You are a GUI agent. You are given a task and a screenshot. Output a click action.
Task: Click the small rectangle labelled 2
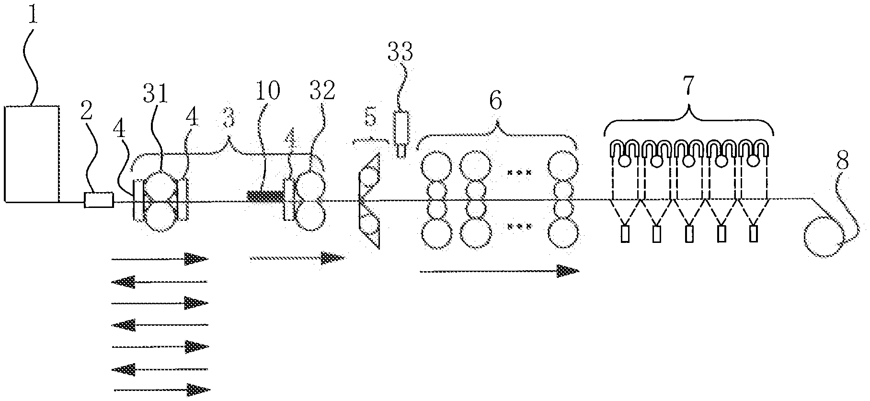point(99,200)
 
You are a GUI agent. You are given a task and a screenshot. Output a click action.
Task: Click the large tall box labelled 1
point(32,153)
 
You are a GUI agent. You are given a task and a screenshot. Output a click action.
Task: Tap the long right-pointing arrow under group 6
point(498,271)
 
